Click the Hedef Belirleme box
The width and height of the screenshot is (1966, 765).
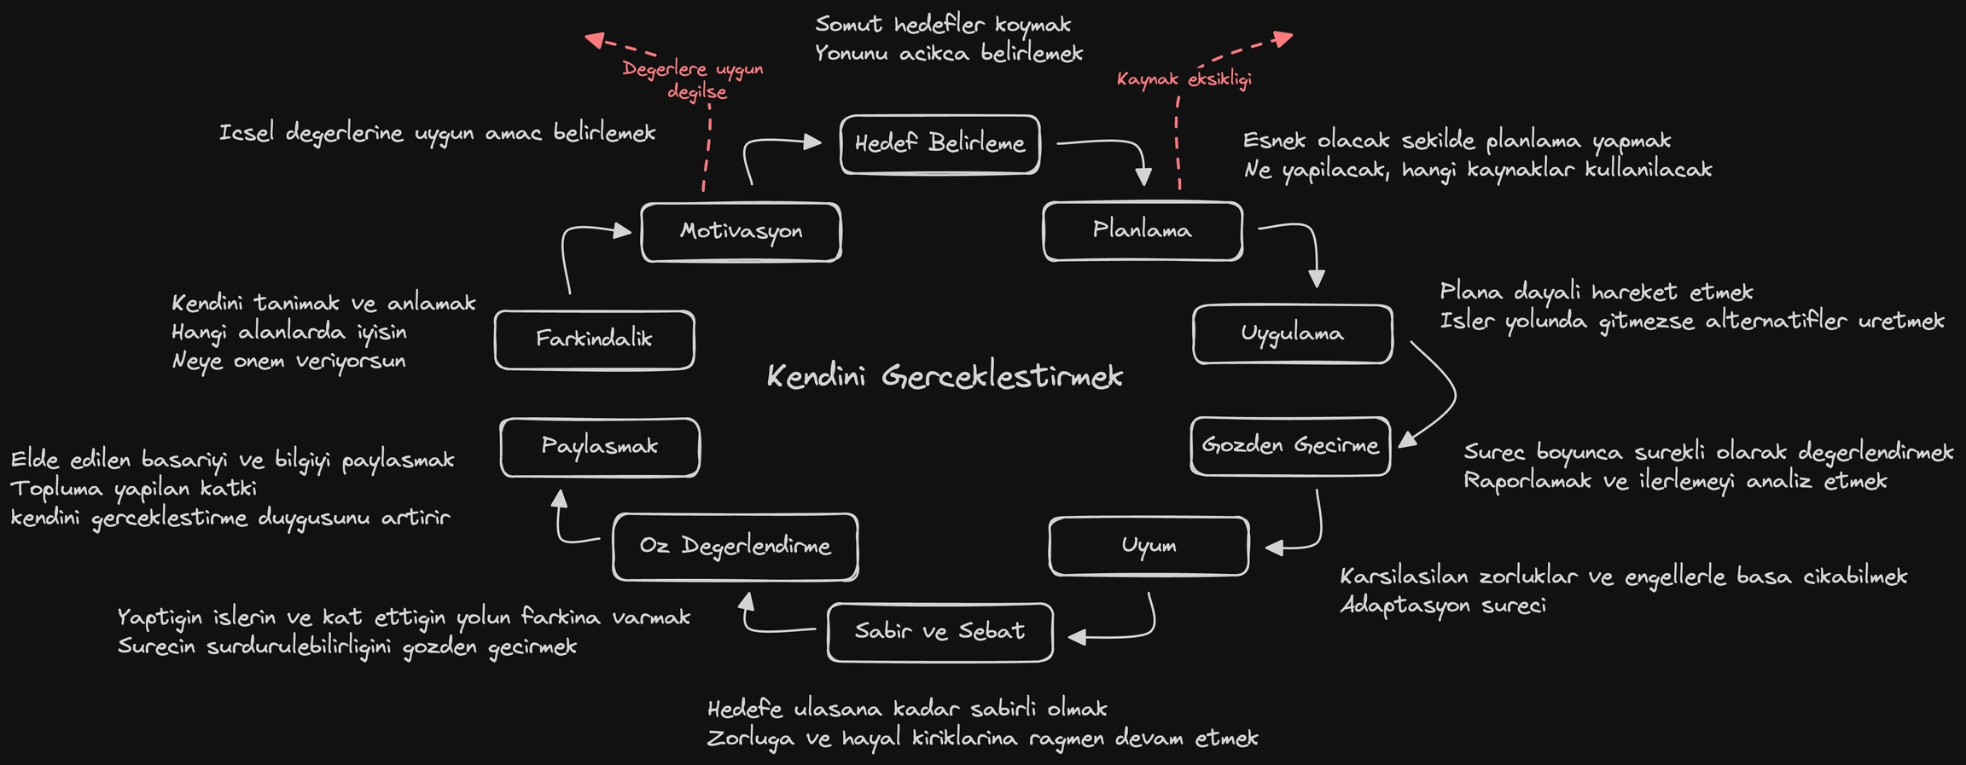click(939, 144)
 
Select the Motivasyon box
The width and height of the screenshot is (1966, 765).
click(741, 231)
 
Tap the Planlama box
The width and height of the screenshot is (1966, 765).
click(1142, 230)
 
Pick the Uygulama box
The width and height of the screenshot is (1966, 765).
click(1292, 333)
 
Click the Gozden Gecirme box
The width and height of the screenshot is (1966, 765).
click(1290, 445)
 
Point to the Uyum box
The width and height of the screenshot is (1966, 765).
click(1149, 546)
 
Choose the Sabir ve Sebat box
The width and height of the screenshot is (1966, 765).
click(939, 632)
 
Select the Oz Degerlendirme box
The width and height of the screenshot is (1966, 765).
click(735, 547)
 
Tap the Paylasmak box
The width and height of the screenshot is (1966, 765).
click(599, 447)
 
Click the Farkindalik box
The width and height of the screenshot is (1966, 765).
click(594, 339)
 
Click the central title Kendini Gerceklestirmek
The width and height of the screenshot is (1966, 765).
click(945, 377)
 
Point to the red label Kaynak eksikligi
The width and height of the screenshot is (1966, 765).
click(1184, 80)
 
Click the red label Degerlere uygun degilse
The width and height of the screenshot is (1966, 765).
click(693, 80)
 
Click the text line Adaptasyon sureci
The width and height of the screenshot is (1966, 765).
click(1442, 606)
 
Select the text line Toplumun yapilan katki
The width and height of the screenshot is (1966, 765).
click(133, 489)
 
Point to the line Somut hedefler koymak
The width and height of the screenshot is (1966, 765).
click(943, 25)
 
